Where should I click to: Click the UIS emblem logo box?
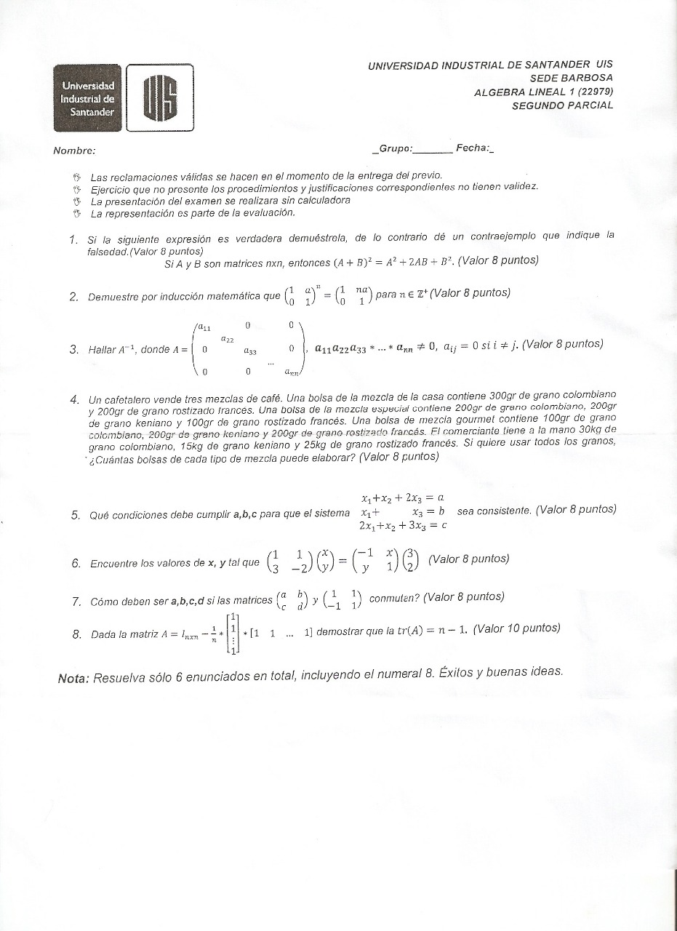[x=160, y=97]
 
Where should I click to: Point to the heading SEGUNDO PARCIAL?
[x=562, y=105]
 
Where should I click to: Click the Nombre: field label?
[x=74, y=151]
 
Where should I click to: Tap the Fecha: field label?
[x=472, y=148]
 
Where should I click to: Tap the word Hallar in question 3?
[x=102, y=350]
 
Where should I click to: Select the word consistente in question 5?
[x=502, y=511]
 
